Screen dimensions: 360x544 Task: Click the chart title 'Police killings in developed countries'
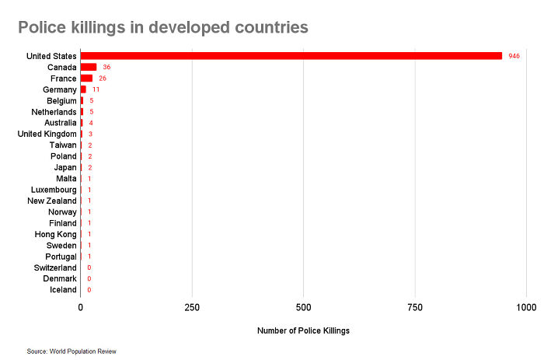pyautogui.click(x=163, y=27)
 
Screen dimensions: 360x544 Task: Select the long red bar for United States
pyautogui.click(x=291, y=56)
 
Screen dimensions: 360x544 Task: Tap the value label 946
pyautogui.click(x=514, y=56)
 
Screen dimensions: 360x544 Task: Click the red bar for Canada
pyautogui.click(x=89, y=67)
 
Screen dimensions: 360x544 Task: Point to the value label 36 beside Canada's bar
pyautogui.click(x=106, y=67)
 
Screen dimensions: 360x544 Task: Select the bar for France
pyautogui.click(x=86, y=79)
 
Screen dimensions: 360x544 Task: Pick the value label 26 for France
pyautogui.click(x=102, y=79)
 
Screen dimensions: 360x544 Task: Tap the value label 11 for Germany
pyautogui.click(x=96, y=89)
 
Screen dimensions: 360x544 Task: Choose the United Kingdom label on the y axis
pyautogui.click(x=47, y=134)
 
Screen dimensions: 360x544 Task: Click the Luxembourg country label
pyautogui.click(x=54, y=190)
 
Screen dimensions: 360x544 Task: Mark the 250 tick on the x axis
pyautogui.click(x=192, y=307)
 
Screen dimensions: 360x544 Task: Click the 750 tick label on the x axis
pyautogui.click(x=415, y=307)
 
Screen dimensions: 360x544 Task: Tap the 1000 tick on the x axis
pyautogui.click(x=526, y=307)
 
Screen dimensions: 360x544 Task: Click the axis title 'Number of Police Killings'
pyautogui.click(x=303, y=330)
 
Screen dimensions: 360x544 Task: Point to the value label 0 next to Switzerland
pyautogui.click(x=89, y=267)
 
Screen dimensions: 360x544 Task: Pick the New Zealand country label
pyautogui.click(x=53, y=201)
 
